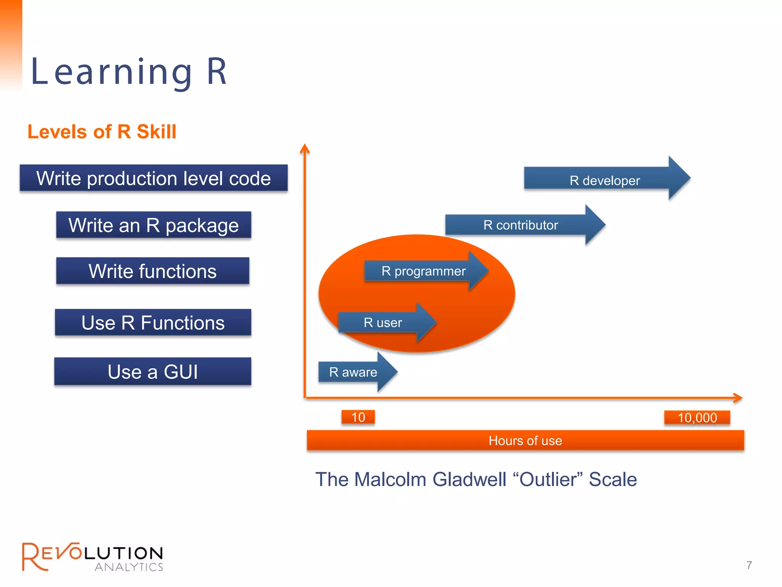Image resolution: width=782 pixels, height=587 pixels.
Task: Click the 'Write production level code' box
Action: (x=153, y=178)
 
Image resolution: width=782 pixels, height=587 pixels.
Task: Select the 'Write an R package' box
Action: (x=153, y=225)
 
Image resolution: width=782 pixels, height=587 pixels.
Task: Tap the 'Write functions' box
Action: (x=153, y=271)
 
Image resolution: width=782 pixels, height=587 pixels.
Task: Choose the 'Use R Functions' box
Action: (x=153, y=323)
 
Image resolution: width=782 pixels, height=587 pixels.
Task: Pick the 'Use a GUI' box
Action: (x=153, y=371)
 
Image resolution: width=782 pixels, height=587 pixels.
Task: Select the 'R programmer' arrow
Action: (x=424, y=271)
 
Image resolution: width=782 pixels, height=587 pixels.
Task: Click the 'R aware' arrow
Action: (x=353, y=372)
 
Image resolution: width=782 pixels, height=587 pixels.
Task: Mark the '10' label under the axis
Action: (x=358, y=417)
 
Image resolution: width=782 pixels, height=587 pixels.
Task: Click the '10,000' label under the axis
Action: (x=697, y=418)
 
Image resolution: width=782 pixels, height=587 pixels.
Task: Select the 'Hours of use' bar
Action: (x=525, y=441)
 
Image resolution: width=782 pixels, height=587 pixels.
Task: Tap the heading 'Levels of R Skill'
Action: (x=102, y=132)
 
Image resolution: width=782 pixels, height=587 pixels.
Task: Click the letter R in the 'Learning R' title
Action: (x=217, y=72)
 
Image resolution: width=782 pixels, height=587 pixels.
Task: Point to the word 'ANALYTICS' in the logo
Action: (x=129, y=567)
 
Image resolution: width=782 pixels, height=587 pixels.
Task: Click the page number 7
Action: (x=749, y=565)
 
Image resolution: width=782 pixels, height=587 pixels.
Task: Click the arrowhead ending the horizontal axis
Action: (x=738, y=398)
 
